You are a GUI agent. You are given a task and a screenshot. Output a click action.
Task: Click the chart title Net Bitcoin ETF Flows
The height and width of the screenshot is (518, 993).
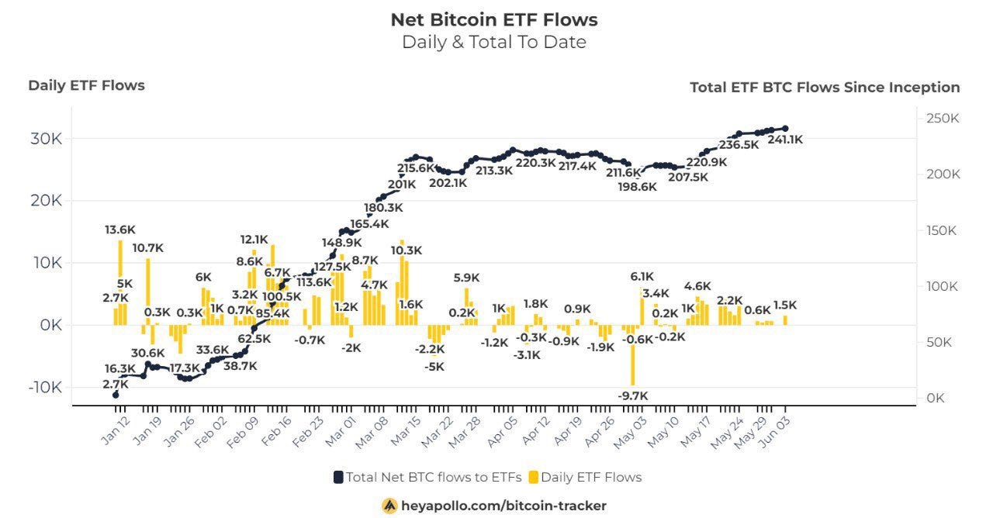493,19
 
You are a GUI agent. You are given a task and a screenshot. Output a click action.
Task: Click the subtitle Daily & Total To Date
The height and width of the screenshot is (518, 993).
493,42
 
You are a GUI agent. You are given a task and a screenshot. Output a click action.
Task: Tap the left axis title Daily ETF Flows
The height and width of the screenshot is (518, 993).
86,85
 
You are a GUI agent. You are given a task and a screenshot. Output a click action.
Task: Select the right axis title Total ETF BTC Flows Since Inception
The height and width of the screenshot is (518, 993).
825,88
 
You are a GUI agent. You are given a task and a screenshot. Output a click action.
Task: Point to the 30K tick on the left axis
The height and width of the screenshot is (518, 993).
46,140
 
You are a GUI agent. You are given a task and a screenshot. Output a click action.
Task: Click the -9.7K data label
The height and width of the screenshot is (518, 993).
634,395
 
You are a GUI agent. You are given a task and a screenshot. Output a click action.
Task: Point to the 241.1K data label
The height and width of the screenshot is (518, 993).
784,140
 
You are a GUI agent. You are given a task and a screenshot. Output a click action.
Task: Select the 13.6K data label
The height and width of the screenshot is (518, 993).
121,230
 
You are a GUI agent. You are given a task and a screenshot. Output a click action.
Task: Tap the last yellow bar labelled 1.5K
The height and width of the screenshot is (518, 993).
785,319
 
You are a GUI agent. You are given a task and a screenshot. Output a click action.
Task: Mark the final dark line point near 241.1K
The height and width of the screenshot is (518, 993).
785,129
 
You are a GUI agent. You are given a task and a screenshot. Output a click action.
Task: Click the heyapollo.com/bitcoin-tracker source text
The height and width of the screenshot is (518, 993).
503,506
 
